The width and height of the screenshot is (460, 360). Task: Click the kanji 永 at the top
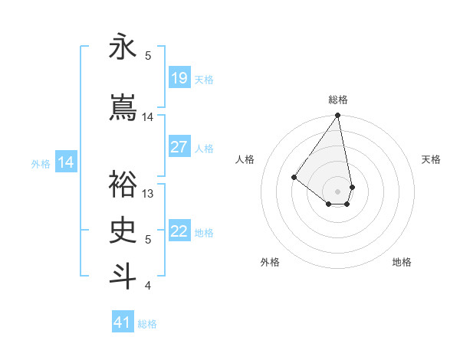pyautogui.click(x=123, y=47)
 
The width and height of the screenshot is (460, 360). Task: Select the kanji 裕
pyautogui.click(x=123, y=183)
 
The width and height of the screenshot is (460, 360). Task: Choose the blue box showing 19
pyautogui.click(x=179, y=78)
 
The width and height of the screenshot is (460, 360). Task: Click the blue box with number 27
pyautogui.click(x=179, y=147)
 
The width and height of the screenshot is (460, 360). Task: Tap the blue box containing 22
pyautogui.click(x=179, y=231)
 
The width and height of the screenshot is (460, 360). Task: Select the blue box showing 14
pyautogui.click(x=66, y=162)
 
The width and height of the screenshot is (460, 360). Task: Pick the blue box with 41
pyautogui.click(x=123, y=322)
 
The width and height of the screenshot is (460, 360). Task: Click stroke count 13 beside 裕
pyautogui.click(x=148, y=193)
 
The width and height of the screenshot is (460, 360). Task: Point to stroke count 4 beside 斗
pyautogui.click(x=148, y=286)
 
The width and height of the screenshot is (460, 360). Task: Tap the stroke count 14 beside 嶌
pyautogui.click(x=148, y=116)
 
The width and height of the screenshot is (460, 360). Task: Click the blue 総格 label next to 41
pyautogui.click(x=147, y=324)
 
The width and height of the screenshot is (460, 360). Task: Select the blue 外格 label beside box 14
pyautogui.click(x=41, y=163)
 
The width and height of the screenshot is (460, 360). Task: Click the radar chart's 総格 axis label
pyautogui.click(x=337, y=100)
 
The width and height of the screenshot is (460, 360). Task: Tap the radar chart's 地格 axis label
pyautogui.click(x=402, y=262)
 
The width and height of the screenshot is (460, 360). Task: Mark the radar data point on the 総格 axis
pyautogui.click(x=337, y=116)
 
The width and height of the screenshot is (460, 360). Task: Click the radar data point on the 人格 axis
pyautogui.click(x=294, y=177)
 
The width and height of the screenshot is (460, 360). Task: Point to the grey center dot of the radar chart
pyautogui.click(x=337, y=191)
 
